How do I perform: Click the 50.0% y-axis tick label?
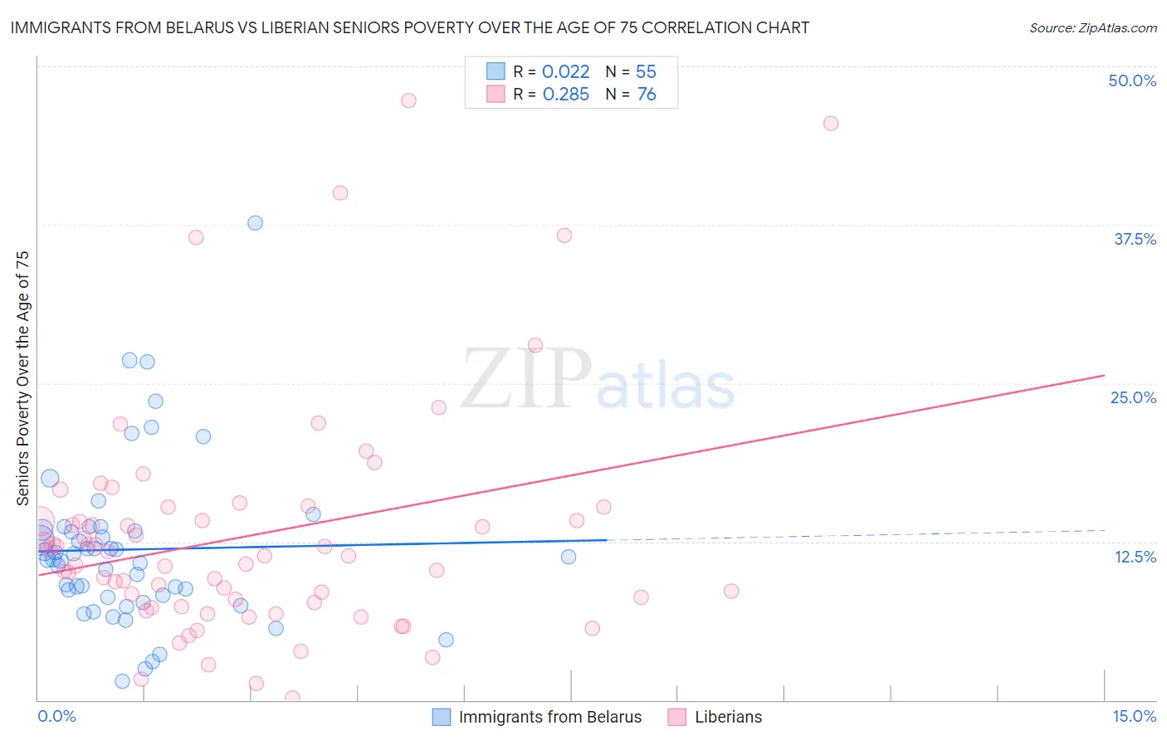click(x=1132, y=80)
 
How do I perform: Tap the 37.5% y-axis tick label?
click(x=1135, y=239)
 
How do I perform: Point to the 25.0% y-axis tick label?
click(x=1133, y=397)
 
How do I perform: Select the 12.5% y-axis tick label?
click(x=1135, y=557)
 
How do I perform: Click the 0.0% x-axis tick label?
click(x=56, y=716)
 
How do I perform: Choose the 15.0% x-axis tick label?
click(x=1134, y=716)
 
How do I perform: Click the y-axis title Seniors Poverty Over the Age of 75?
click(x=22, y=377)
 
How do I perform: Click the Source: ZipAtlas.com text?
click(x=1092, y=27)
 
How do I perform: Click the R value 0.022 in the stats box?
click(x=565, y=71)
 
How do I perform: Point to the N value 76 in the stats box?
click(x=647, y=94)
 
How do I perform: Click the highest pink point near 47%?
click(x=408, y=100)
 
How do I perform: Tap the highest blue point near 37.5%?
click(x=255, y=223)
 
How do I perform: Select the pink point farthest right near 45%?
click(x=831, y=124)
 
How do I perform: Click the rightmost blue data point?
click(x=569, y=557)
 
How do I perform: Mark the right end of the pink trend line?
click(x=1105, y=375)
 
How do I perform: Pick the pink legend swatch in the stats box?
click(x=496, y=94)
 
